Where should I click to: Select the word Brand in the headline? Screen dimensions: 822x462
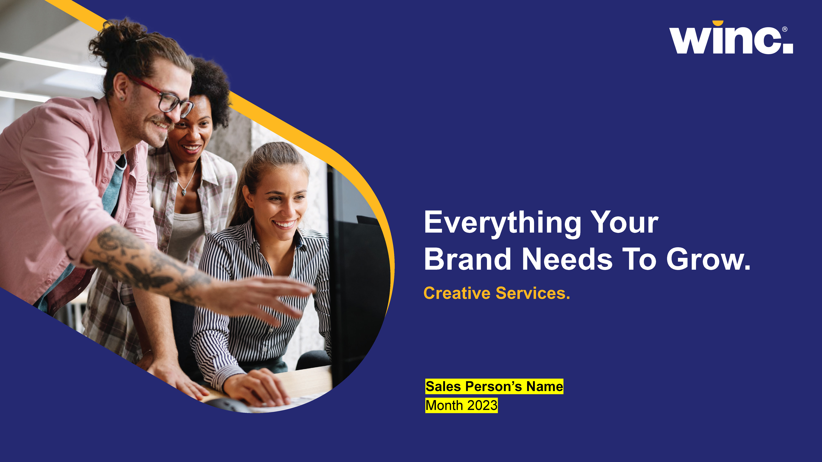click(x=467, y=259)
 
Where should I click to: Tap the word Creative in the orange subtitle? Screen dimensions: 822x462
click(x=457, y=293)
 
